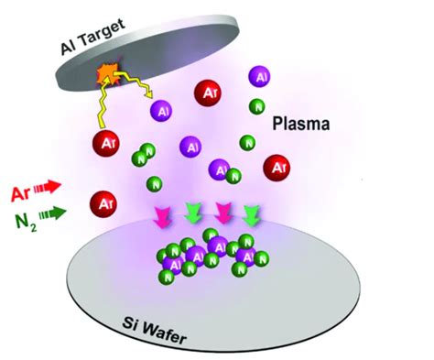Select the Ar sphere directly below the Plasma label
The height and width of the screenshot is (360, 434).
277,167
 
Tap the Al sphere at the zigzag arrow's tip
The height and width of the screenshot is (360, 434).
163,111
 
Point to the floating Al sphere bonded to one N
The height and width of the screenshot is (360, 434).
222,169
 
